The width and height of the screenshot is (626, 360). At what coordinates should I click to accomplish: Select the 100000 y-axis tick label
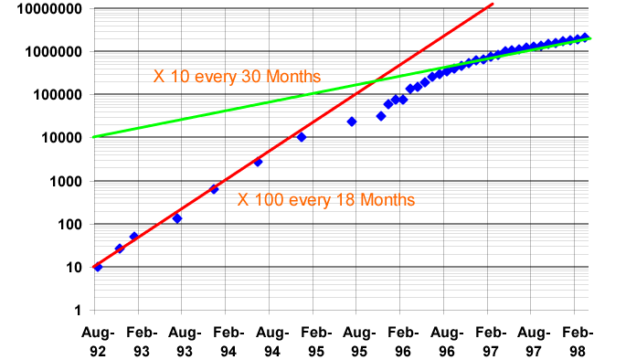pyautogui.click(x=53, y=94)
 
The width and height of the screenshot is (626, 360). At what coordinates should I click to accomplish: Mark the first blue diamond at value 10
pyautogui.click(x=98, y=267)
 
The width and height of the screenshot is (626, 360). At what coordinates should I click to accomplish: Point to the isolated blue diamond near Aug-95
pyautogui.click(x=352, y=122)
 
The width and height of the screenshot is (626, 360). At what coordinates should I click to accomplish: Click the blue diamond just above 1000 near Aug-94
pyautogui.click(x=258, y=162)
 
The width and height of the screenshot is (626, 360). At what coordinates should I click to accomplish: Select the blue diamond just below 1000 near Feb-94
pyautogui.click(x=214, y=189)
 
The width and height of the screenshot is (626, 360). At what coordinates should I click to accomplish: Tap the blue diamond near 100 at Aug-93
pyautogui.click(x=177, y=218)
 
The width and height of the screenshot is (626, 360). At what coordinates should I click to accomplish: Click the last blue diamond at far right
pyautogui.click(x=585, y=37)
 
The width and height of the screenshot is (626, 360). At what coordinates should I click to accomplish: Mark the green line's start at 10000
pyautogui.click(x=95, y=137)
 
